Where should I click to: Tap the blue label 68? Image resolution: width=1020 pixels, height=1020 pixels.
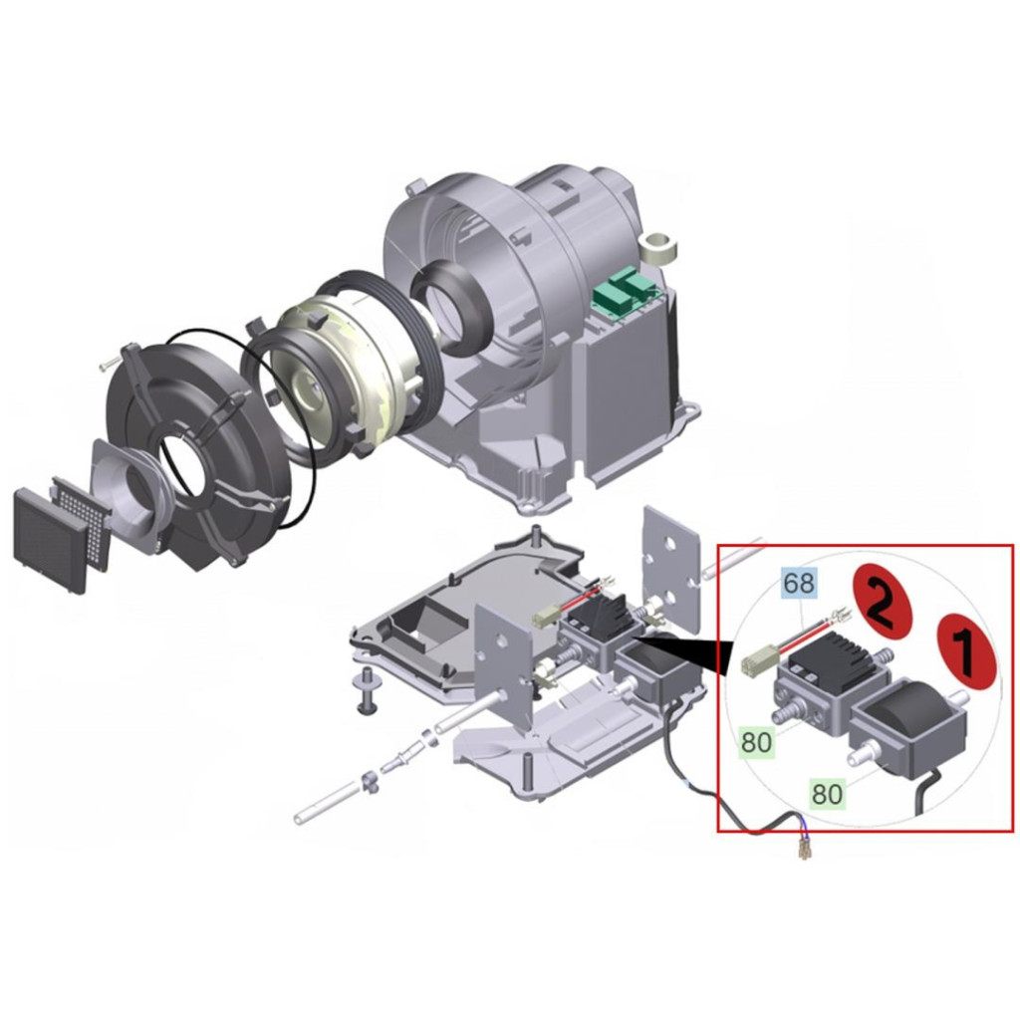[799, 583]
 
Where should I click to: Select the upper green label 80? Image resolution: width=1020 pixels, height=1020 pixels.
[757, 742]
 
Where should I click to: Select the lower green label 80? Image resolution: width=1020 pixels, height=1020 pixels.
[828, 794]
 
